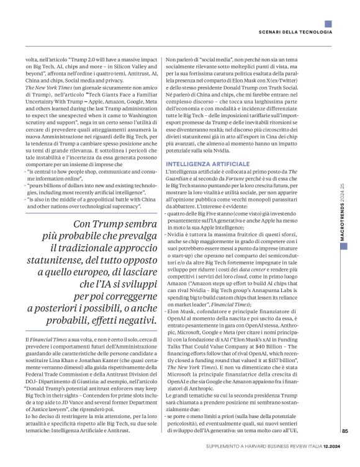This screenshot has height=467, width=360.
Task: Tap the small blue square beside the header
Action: [x=328, y=32]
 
